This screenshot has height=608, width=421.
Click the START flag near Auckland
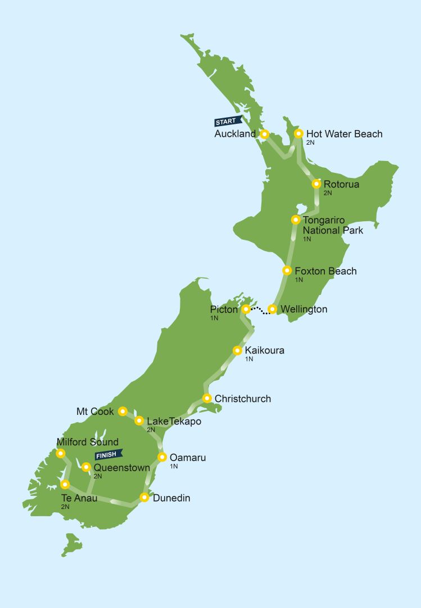tap(228, 121)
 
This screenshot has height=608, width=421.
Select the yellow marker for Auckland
tap(264, 134)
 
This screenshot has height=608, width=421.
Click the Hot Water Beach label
tap(344, 134)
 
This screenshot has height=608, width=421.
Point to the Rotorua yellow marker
tap(316, 184)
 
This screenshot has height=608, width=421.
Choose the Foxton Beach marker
tap(287, 271)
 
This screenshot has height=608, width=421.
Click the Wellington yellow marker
tap(272, 309)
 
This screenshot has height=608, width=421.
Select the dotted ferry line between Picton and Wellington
tap(259, 310)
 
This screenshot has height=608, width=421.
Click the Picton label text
tap(224, 310)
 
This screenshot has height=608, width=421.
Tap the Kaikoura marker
tap(237, 350)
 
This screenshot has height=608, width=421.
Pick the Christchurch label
tap(243, 399)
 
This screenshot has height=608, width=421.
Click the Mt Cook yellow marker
tap(123, 412)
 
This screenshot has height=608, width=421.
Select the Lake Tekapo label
tap(174, 421)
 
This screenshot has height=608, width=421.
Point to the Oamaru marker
tap(162, 457)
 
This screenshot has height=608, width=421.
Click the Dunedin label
tap(171, 498)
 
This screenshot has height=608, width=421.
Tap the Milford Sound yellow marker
tap(61, 453)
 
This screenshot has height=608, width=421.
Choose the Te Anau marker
tap(65, 484)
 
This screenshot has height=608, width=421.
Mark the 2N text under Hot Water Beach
tap(310, 143)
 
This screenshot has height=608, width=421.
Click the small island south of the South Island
tap(72, 544)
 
